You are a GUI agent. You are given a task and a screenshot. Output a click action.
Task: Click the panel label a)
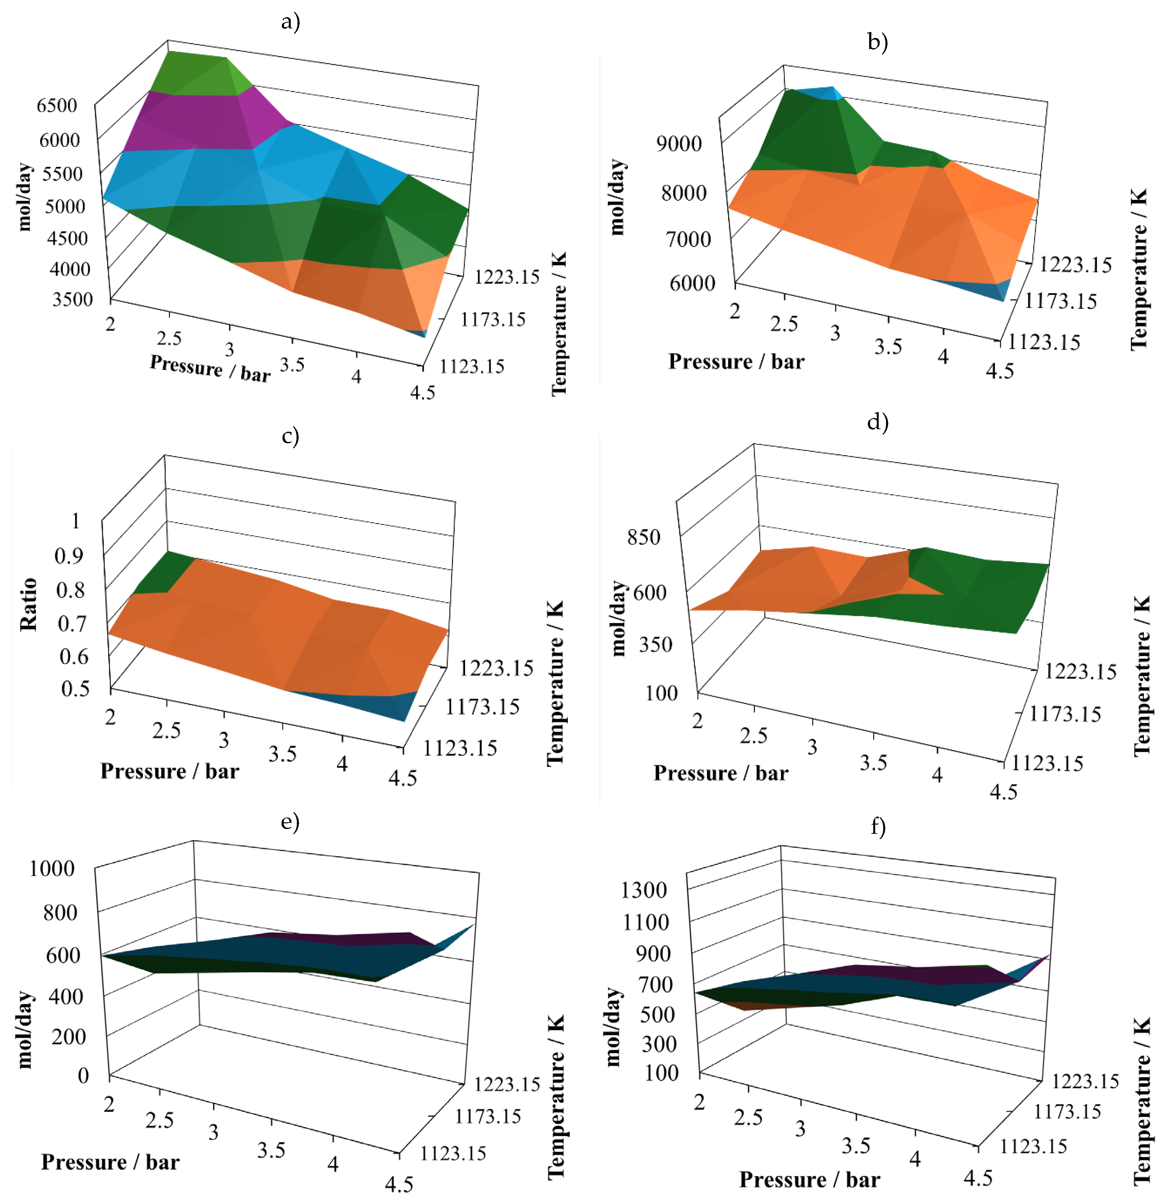[290, 22]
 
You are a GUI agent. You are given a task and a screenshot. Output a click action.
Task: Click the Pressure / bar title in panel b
[736, 362]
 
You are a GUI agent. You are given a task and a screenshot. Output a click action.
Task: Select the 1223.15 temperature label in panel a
[507, 277]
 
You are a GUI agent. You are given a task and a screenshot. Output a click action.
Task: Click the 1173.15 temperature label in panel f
[1067, 1111]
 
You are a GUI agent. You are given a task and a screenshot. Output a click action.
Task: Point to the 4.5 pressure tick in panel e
[399, 1183]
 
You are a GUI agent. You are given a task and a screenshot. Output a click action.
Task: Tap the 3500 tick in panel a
[72, 300]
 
